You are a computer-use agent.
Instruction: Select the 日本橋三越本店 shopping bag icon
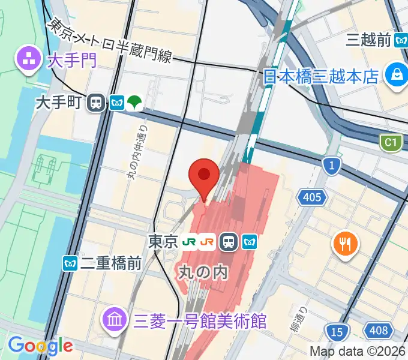[397, 75]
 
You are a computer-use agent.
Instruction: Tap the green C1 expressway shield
[391, 143]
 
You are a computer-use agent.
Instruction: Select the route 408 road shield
[379, 329]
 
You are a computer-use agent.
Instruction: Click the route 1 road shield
[331, 165]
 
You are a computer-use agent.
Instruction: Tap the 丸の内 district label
[204, 272]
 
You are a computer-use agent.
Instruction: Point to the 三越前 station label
[369, 40]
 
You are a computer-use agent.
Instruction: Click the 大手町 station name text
[66, 103]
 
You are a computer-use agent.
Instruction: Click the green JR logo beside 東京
[190, 242]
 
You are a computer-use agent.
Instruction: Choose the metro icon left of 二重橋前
[70, 263]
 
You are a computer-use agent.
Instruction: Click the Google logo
[40, 346]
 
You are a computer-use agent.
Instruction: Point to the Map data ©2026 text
[358, 351]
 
